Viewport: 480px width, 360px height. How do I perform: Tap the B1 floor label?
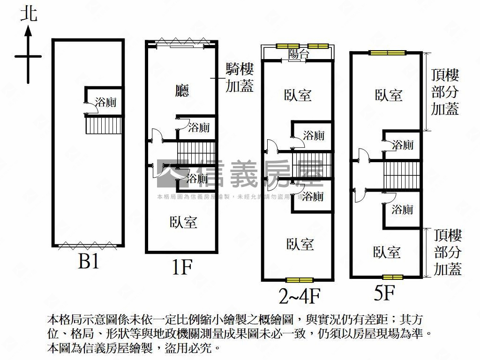point(89,262)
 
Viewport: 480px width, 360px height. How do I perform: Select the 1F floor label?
point(181,268)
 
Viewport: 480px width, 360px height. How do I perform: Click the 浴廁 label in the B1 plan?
point(105,102)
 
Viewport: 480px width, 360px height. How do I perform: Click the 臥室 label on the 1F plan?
point(183,222)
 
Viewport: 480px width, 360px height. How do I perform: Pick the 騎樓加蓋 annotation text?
point(240,78)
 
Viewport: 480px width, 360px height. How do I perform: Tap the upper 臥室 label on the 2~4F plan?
point(298,95)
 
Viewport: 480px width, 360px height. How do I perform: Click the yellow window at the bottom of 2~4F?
point(300,280)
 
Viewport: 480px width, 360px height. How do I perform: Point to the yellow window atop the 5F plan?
point(387,53)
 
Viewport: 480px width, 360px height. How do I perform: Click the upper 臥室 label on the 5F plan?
point(389,95)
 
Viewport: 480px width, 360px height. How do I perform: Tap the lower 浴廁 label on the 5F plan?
point(402,209)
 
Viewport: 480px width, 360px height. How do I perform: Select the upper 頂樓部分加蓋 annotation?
point(445,92)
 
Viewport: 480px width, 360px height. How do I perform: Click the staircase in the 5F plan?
point(401,174)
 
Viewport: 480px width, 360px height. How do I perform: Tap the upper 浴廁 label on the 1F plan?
point(199,127)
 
